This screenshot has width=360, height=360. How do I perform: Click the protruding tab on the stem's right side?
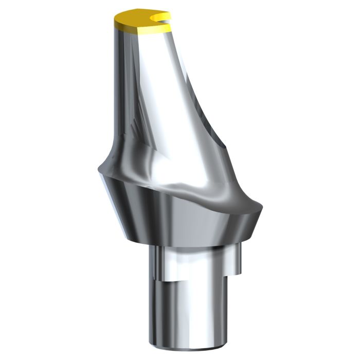[236, 260]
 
